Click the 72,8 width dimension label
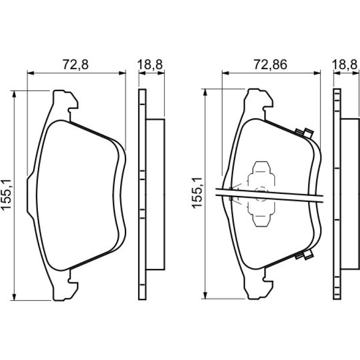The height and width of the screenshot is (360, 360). click(x=76, y=65)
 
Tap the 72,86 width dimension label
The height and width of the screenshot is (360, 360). click(x=270, y=65)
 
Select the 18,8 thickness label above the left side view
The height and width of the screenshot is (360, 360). click(x=150, y=65)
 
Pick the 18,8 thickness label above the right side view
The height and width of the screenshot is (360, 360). click(x=345, y=65)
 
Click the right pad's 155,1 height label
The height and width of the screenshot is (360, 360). click(x=197, y=193)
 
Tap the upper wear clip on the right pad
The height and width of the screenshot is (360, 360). click(x=304, y=133)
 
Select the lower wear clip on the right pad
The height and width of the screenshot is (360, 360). click(x=304, y=255)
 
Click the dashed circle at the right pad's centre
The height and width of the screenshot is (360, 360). click(x=262, y=194)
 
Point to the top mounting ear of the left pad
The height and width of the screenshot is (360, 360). click(x=65, y=103)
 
